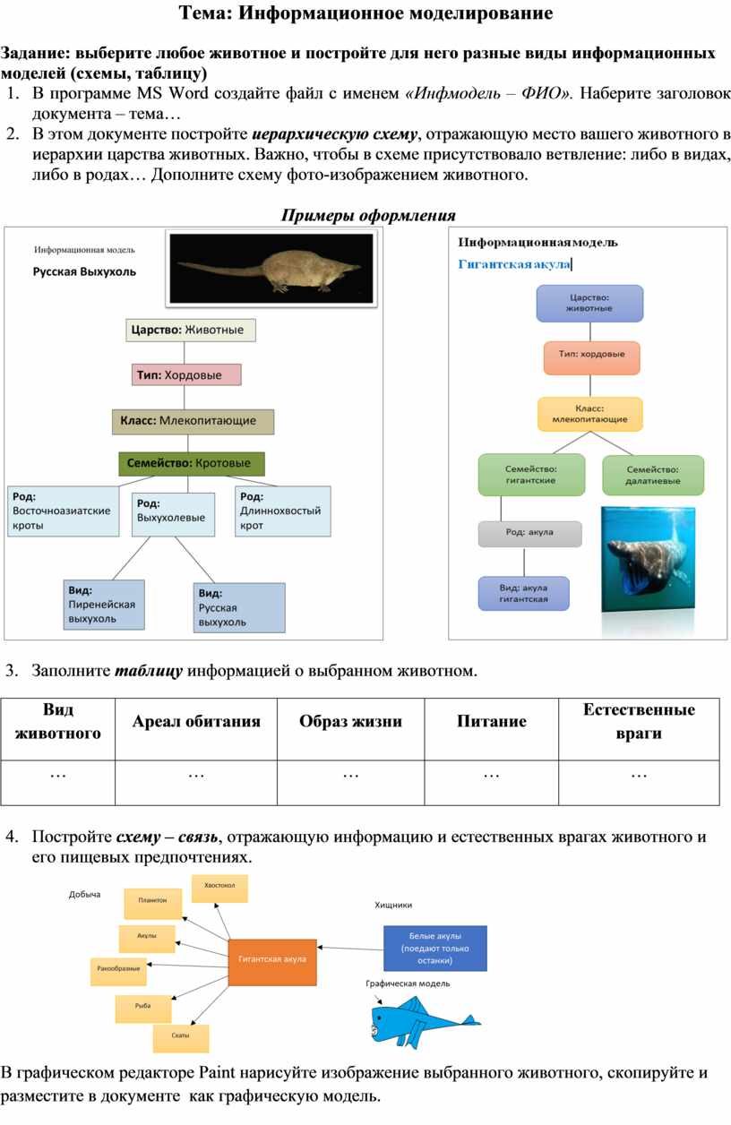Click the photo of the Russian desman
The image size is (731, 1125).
pyautogui.click(x=271, y=268)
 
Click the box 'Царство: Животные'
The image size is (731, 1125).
pyautogui.click(x=190, y=330)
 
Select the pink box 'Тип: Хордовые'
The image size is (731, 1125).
pyautogui.click(x=186, y=374)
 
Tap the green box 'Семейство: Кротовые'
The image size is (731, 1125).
pyautogui.click(x=195, y=463)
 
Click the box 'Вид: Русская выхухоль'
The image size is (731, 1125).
pyautogui.click(x=239, y=607)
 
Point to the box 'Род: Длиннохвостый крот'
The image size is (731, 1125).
pyautogui.click(x=282, y=511)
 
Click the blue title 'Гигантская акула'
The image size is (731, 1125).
pyautogui.click(x=514, y=264)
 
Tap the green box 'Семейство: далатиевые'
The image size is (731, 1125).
pyautogui.click(x=652, y=475)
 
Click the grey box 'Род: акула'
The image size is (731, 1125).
pyautogui.click(x=529, y=533)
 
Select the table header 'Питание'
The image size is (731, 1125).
pyautogui.click(x=491, y=722)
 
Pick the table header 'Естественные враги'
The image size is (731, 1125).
pyautogui.click(x=639, y=722)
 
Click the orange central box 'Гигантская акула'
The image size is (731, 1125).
pyautogui.click(x=272, y=962)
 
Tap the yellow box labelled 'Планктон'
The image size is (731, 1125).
pyautogui.click(x=152, y=901)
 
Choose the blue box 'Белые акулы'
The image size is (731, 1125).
pyautogui.click(x=434, y=949)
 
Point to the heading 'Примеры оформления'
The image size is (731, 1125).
pyautogui.click(x=368, y=216)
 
